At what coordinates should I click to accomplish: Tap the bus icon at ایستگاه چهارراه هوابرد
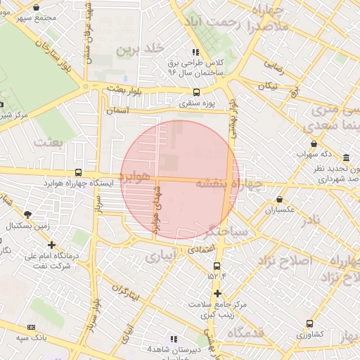78,172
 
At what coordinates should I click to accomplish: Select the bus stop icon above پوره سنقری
196,92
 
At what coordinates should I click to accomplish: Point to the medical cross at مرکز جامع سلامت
217,293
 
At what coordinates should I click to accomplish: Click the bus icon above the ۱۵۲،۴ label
216,266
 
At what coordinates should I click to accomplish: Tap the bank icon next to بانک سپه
31,327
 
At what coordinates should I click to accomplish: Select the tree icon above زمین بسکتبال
27,214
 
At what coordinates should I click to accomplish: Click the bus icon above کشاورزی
310,324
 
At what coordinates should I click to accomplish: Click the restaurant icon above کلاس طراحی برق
195,53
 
